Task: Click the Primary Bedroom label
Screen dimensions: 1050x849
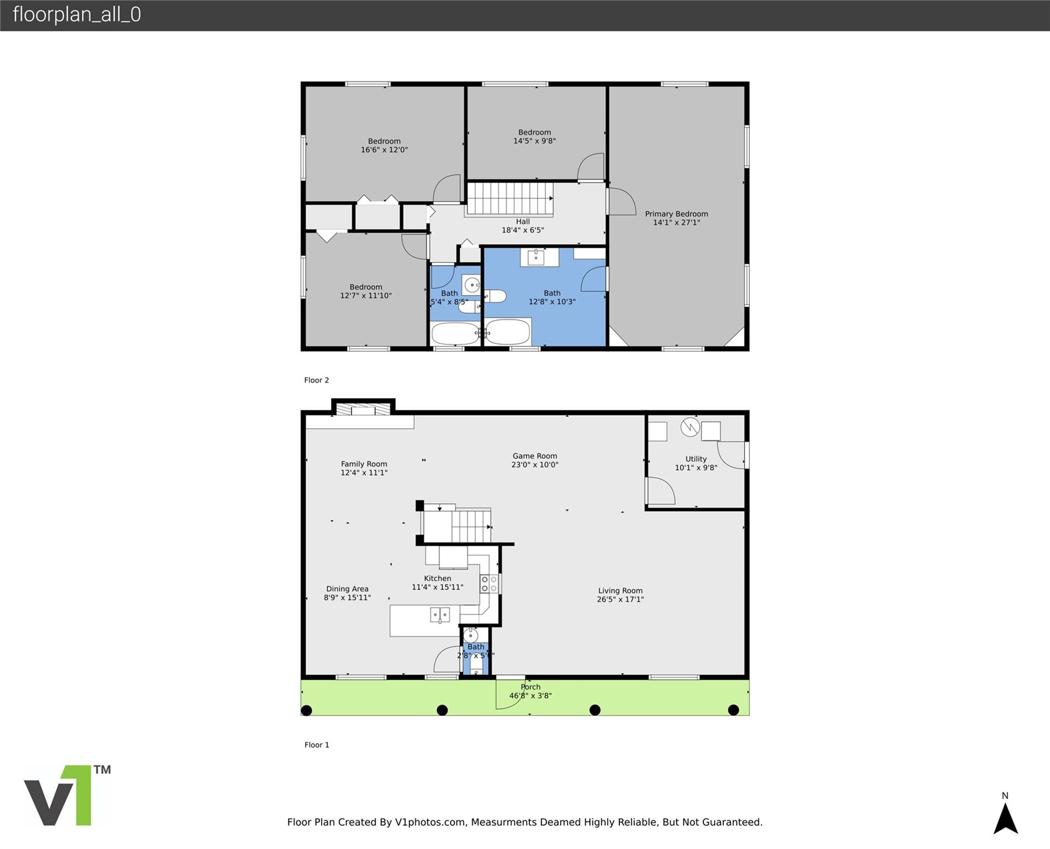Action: (x=676, y=214)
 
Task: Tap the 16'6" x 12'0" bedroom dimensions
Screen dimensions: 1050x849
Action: (x=384, y=150)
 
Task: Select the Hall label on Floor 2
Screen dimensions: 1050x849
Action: (x=523, y=222)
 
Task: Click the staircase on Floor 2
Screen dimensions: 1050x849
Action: (x=510, y=199)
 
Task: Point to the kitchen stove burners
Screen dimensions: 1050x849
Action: (x=489, y=584)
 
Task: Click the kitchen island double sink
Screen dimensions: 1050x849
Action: (x=440, y=615)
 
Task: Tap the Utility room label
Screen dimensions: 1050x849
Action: (x=696, y=459)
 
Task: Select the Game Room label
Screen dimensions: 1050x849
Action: (x=534, y=456)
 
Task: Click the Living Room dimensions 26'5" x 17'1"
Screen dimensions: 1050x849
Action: (x=620, y=599)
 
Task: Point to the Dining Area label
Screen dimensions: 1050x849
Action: (x=347, y=589)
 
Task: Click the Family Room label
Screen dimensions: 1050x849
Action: (x=364, y=464)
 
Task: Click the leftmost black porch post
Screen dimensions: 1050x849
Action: (x=307, y=710)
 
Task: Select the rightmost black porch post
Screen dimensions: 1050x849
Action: (x=733, y=710)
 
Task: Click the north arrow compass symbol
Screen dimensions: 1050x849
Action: (x=1005, y=818)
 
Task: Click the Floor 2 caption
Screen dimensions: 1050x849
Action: (x=317, y=380)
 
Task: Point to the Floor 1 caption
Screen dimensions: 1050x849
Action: (x=317, y=745)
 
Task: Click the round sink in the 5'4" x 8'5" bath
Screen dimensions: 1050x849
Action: (x=472, y=285)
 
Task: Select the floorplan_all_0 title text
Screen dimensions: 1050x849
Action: (x=77, y=14)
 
